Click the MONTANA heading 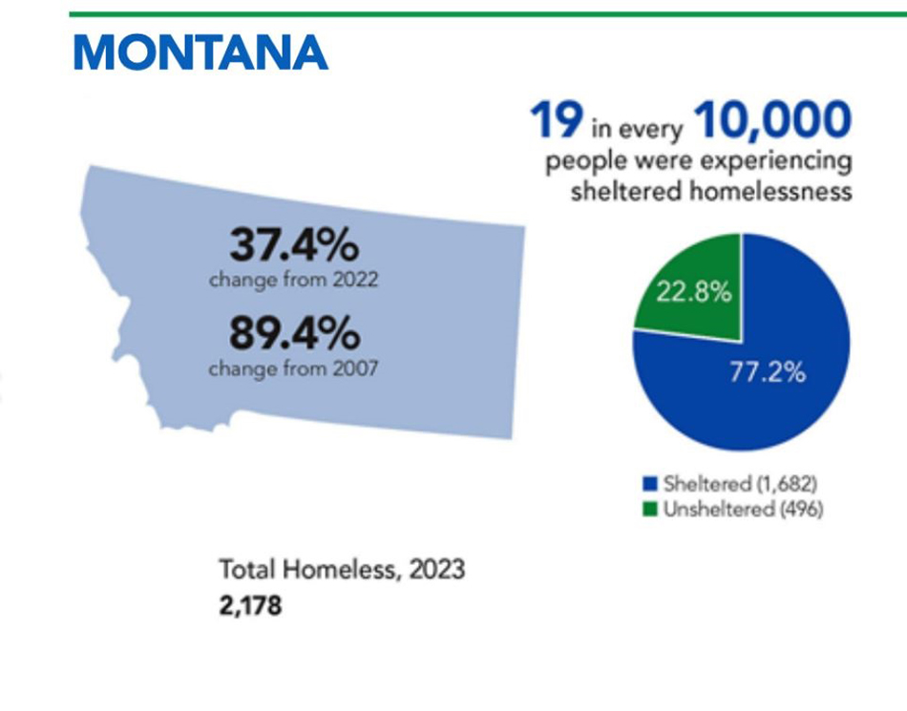[x=200, y=52]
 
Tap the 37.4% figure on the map [x=294, y=245]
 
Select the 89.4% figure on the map [x=294, y=333]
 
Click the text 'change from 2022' [x=293, y=280]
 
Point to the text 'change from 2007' [x=293, y=368]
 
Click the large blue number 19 [x=556, y=119]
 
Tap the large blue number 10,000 [x=772, y=120]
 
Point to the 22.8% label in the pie [x=693, y=292]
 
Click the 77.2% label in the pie [x=767, y=372]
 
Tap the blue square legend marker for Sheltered [x=650, y=483]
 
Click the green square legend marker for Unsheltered [x=650, y=510]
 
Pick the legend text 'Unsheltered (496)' [x=744, y=510]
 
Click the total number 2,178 [x=250, y=606]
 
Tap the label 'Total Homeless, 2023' [x=342, y=570]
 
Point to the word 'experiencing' [x=776, y=160]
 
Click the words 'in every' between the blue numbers [x=637, y=128]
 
